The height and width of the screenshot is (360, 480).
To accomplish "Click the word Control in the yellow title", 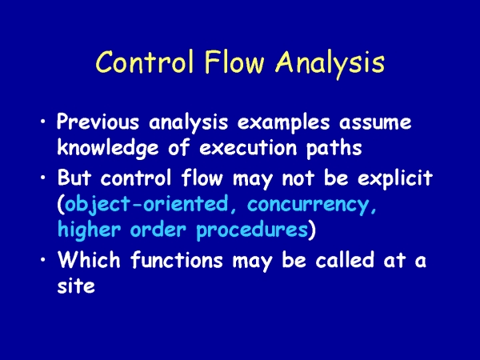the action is (145, 62).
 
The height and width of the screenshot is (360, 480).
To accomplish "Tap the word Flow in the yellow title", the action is (234, 62).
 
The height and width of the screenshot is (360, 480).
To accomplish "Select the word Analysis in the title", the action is (330, 65).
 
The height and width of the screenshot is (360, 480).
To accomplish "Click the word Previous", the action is (98, 122).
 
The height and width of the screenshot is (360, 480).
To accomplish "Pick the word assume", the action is (375, 123).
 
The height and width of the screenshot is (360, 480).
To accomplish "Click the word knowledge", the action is (108, 149).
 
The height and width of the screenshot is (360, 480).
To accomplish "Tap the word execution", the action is (248, 148).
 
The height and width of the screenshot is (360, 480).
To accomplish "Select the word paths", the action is (334, 149).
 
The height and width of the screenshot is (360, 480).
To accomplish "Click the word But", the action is (74, 177).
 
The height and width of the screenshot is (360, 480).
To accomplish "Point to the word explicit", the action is (395, 178).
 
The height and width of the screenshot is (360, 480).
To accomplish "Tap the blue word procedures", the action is (252, 231).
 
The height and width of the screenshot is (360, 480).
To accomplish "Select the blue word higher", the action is (89, 230).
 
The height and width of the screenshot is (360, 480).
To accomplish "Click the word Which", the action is (89, 259).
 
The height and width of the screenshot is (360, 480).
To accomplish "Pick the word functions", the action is (177, 259).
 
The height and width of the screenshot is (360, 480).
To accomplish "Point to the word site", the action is (76, 286).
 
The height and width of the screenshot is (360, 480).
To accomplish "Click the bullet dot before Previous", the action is (43, 122).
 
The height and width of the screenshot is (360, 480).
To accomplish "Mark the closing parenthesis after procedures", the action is (312, 231).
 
